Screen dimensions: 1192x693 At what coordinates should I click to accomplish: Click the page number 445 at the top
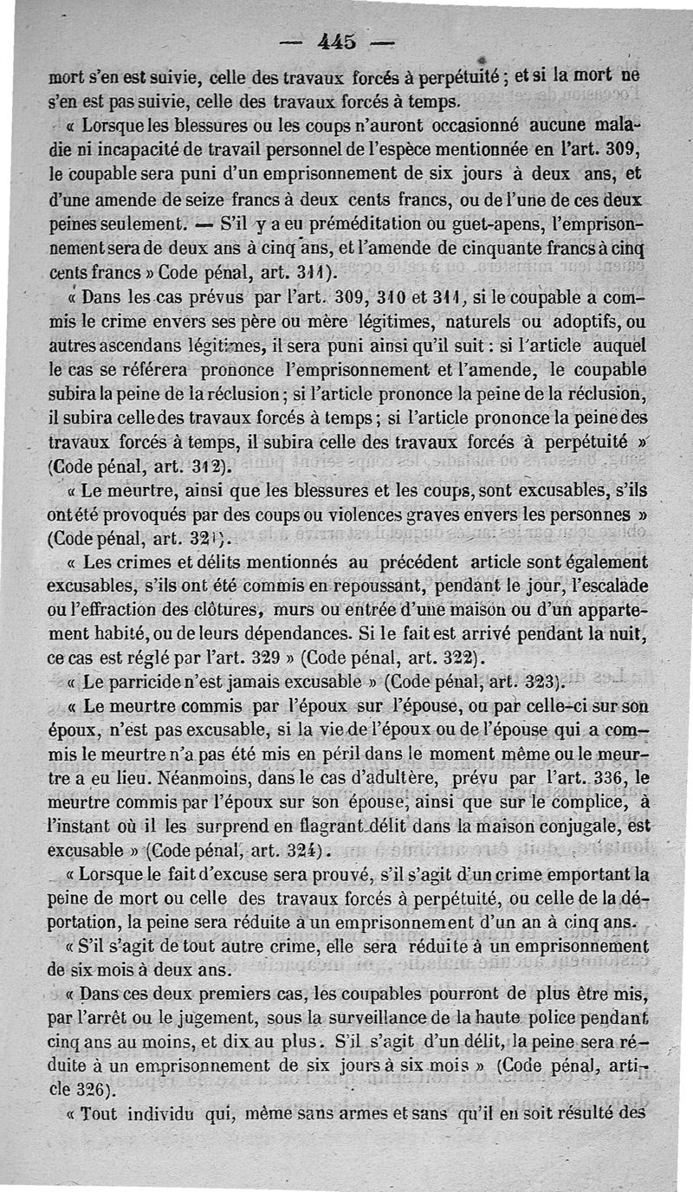[x=337, y=41]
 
